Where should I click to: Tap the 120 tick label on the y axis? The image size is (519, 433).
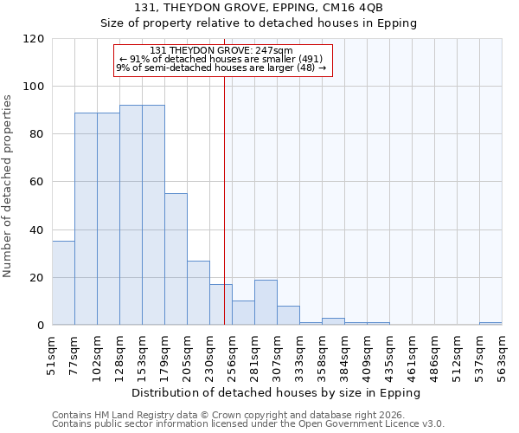pos(34,39)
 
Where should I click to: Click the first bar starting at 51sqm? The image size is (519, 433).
pos(63,283)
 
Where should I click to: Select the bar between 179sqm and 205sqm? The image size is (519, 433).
pos(176,260)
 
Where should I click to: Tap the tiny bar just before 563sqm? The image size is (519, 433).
pos(490,324)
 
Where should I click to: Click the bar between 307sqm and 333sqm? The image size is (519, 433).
pos(288,315)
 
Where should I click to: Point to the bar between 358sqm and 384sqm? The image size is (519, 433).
pos(333,321)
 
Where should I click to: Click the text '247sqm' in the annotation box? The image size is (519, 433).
pos(276,51)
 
